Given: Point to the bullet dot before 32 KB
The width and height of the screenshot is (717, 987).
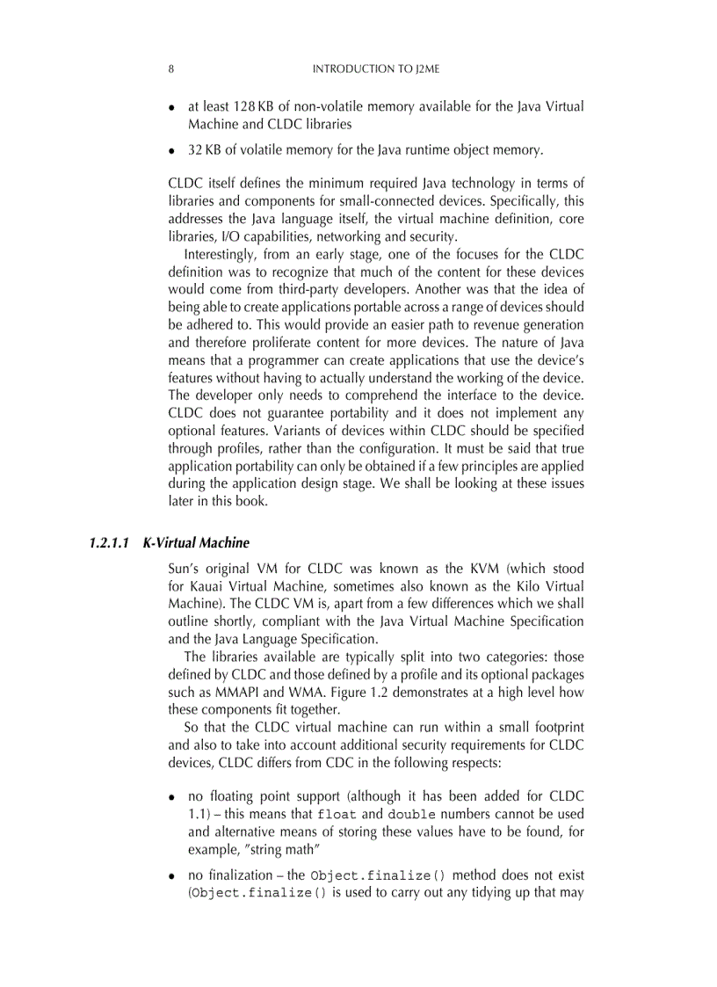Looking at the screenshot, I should pos(172,151).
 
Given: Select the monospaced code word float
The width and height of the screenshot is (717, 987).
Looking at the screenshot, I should pos(337,814).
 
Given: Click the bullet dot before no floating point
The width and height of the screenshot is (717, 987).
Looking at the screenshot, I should pos(172,798).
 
